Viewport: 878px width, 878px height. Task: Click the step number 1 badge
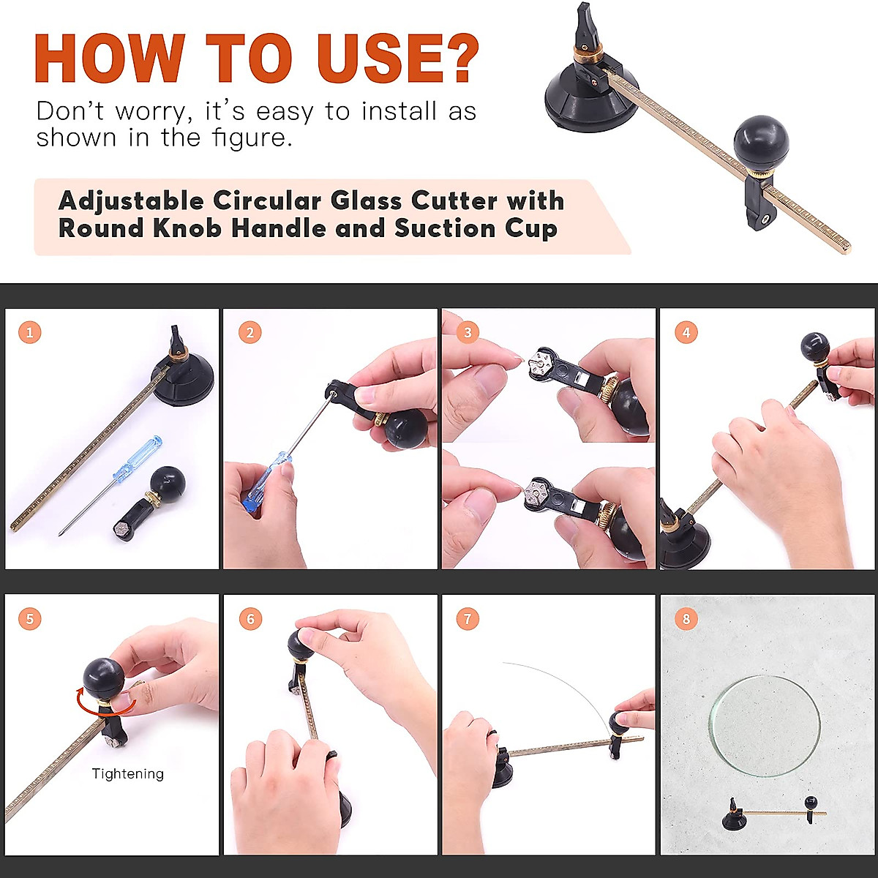pos(29,333)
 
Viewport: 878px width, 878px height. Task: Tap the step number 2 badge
pos(249,333)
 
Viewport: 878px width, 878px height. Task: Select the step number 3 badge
pos(468,333)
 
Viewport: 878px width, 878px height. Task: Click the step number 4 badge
pos(686,333)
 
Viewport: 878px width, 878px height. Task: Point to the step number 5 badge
pos(29,619)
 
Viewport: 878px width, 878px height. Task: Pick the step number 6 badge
pos(249,619)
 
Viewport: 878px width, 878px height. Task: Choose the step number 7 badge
pos(468,619)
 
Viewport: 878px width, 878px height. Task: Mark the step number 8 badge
pos(686,619)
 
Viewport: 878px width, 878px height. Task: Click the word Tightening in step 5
pos(128,773)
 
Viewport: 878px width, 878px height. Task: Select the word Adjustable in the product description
pos(131,200)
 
